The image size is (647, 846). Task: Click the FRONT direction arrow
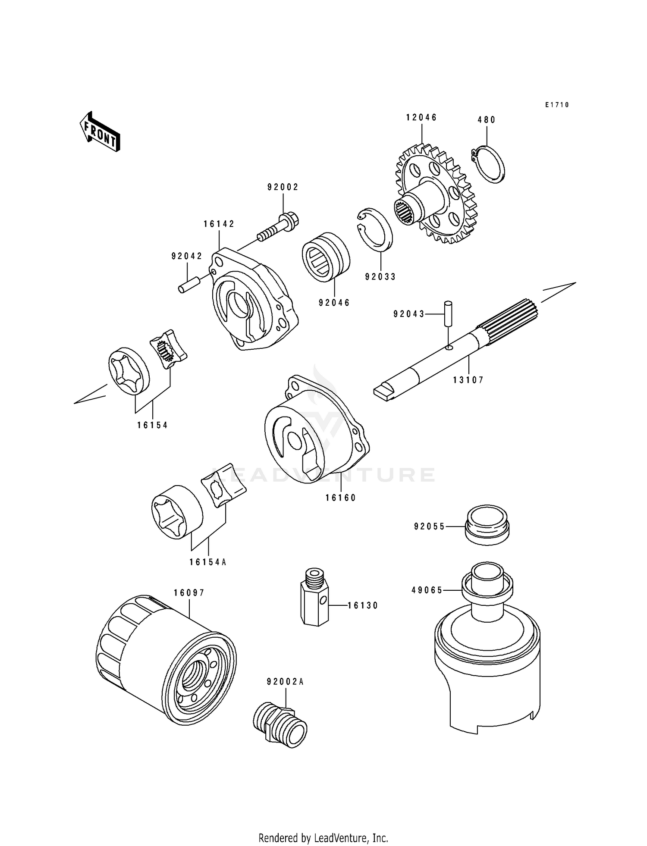tap(100, 131)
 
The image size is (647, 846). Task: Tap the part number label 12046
tap(421, 118)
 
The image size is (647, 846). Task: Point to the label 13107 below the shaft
tap(468, 380)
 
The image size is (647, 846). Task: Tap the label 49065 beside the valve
tap(427, 590)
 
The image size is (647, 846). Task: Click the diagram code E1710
tap(557, 105)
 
